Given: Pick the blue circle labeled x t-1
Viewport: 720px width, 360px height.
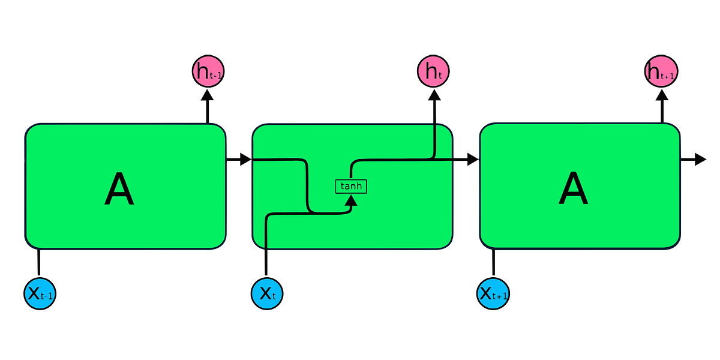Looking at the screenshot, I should tap(40, 293).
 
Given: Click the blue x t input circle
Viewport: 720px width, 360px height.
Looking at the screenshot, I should tap(267, 293).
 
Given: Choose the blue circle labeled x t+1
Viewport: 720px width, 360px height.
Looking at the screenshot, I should tap(494, 293).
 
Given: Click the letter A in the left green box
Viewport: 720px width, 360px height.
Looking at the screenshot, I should tap(119, 190).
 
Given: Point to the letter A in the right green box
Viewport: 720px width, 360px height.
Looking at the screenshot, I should tap(574, 190).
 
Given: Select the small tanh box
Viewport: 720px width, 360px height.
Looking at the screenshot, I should tap(350, 186).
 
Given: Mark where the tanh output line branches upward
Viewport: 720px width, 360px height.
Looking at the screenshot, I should tap(433, 160).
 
